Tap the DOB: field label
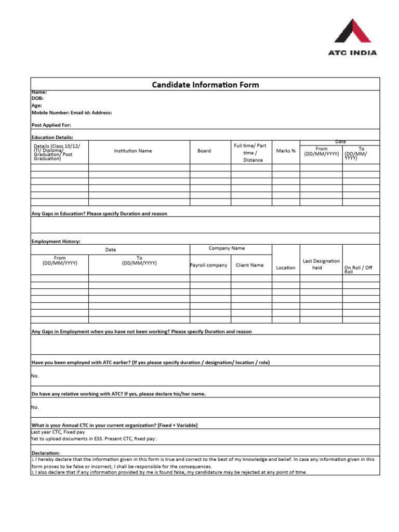pyautogui.click(x=37, y=98)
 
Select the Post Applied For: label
pyautogui.click(x=51, y=125)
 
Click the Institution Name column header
pyautogui.click(x=133, y=151)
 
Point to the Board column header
pyautogui.click(x=204, y=151)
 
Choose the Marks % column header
pyautogui.click(x=286, y=151)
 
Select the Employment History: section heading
pyautogui.click(x=56, y=241)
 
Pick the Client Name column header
pyautogui.click(x=249, y=265)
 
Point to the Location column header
pyautogui.click(x=286, y=268)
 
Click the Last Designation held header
pyautogui.click(x=321, y=264)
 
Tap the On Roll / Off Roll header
pyautogui.click(x=358, y=269)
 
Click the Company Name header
pyautogui.click(x=227, y=248)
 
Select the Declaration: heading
pyautogui.click(x=46, y=453)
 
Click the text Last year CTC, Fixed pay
pyautogui.click(x=58, y=432)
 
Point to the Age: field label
pyautogui.click(x=37, y=105)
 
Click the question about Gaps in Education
pyautogui.click(x=99, y=214)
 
